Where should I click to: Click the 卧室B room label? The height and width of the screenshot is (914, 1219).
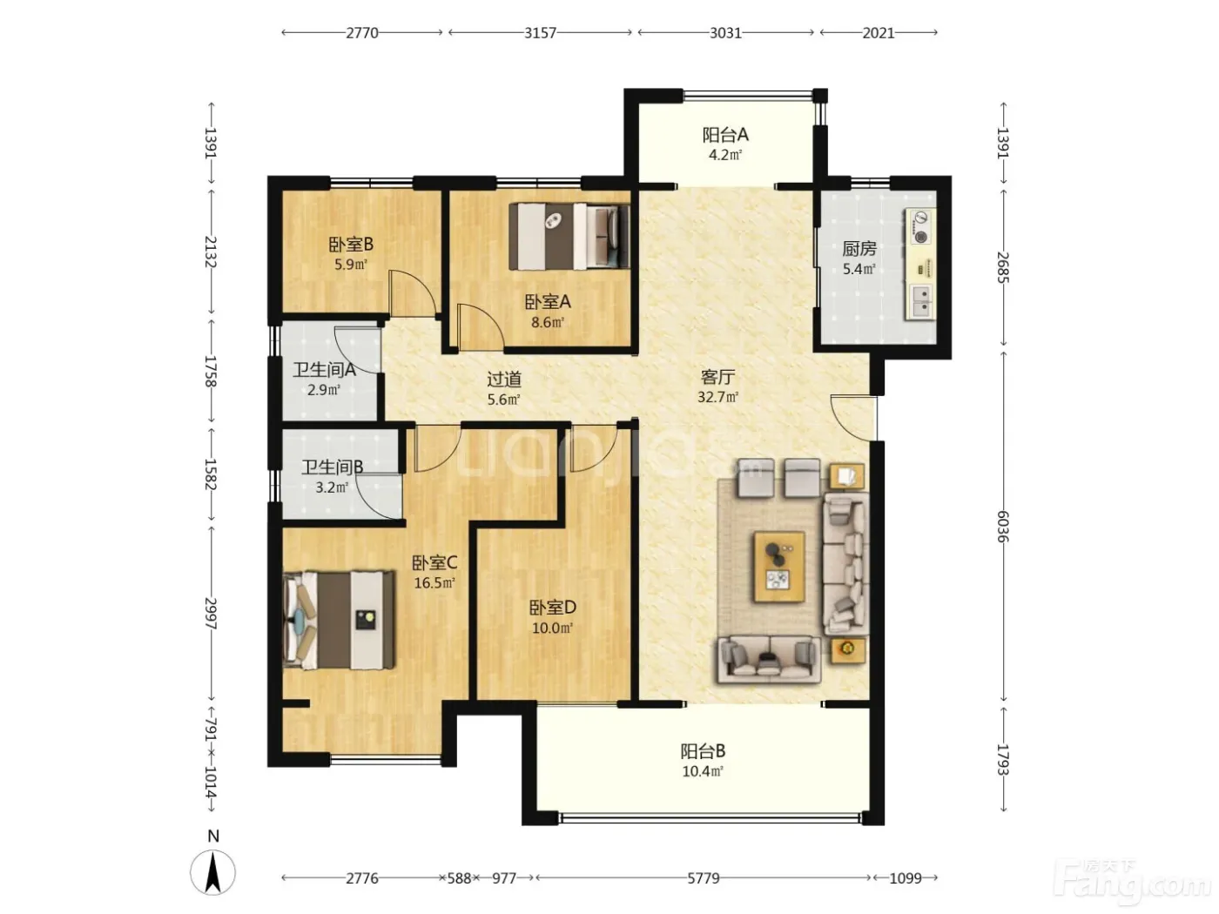350,245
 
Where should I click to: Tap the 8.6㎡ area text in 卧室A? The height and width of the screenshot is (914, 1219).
548,322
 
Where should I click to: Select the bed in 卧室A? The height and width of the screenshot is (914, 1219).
569,237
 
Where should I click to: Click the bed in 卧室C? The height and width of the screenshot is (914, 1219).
340,619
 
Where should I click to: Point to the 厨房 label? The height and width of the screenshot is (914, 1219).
859,249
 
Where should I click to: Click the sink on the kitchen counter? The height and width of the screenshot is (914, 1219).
920,300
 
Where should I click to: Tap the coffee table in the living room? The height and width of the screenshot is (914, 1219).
779,566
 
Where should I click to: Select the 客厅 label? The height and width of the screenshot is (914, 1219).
717,377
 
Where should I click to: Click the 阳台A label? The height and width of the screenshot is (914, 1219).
725,134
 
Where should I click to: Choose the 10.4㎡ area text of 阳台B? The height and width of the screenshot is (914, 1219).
703,771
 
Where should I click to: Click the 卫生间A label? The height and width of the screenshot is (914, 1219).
324,370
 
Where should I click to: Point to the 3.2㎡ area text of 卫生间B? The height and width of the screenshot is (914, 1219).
332,487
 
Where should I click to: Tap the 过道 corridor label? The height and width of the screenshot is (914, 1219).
504,380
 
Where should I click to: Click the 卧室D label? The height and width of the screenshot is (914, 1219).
553,608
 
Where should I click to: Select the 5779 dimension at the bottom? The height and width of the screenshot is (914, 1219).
703,878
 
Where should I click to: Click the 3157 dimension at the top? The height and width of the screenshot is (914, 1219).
540,33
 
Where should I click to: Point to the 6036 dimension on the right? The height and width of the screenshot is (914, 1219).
1003,527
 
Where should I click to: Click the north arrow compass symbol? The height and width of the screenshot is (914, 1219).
212,872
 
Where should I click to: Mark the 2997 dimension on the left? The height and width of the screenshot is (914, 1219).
211,613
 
